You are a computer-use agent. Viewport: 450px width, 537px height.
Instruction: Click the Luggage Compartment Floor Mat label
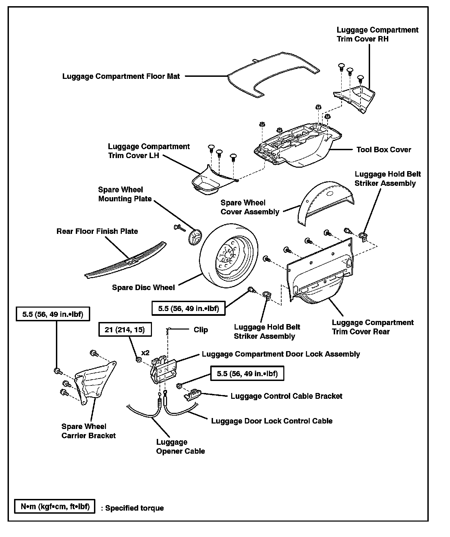121,76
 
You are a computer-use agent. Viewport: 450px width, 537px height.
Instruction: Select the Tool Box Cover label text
383,150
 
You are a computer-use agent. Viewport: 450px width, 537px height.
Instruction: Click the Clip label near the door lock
201,330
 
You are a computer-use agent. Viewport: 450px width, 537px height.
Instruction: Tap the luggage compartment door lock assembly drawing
164,371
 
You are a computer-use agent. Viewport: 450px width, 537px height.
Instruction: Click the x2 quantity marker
145,353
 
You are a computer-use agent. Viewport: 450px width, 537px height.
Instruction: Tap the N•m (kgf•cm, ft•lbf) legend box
55,506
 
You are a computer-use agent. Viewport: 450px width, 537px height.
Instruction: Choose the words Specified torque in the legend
134,508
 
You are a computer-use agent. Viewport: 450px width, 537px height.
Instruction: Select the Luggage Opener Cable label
180,446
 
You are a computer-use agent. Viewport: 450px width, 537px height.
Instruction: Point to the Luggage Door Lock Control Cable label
272,421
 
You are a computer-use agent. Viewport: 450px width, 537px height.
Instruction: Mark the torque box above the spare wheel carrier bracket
53,314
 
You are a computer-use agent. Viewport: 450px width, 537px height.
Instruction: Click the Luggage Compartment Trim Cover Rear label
372,327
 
